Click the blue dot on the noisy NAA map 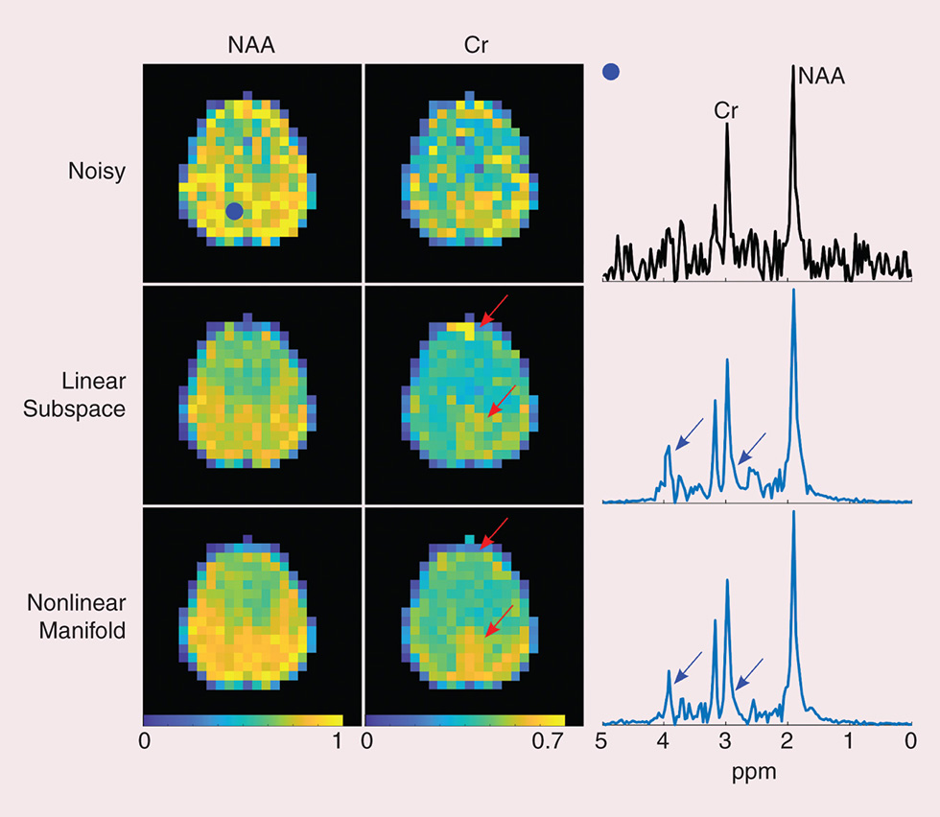[234, 212]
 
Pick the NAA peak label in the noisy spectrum [823, 78]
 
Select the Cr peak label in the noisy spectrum [726, 110]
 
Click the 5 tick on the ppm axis [601, 740]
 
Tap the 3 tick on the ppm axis [726, 740]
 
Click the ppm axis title [757, 770]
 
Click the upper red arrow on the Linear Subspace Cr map [496, 310]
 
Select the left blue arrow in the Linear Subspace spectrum [689, 433]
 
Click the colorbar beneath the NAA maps [243, 719]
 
